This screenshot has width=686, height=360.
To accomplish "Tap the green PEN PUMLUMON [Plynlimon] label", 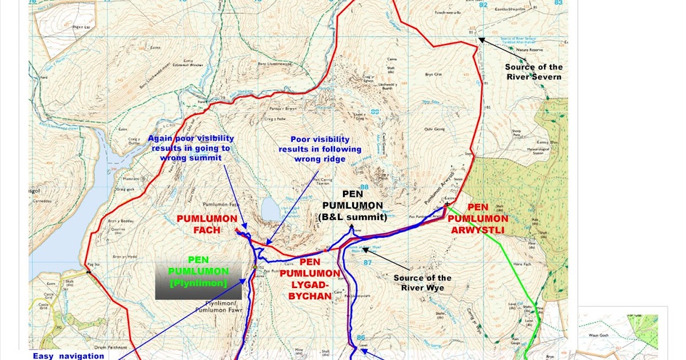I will pyautogui.click(x=198, y=277).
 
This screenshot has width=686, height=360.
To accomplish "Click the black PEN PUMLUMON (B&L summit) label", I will pyautogui.click(x=353, y=205).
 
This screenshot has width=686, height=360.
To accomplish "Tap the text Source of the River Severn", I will pyautogui.click(x=533, y=72).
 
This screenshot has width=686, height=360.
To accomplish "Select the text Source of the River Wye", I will pyautogui.click(x=422, y=283).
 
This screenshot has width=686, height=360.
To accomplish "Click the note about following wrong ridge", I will pyautogui.click(x=320, y=149).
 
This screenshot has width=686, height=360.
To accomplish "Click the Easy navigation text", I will pyautogui.click(x=68, y=355).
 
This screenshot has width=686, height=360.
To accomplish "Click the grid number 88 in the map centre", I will pyautogui.click(x=364, y=187).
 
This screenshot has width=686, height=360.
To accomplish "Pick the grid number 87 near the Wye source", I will pyautogui.click(x=368, y=262).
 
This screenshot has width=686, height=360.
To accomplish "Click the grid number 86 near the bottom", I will pyautogui.click(x=360, y=337).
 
